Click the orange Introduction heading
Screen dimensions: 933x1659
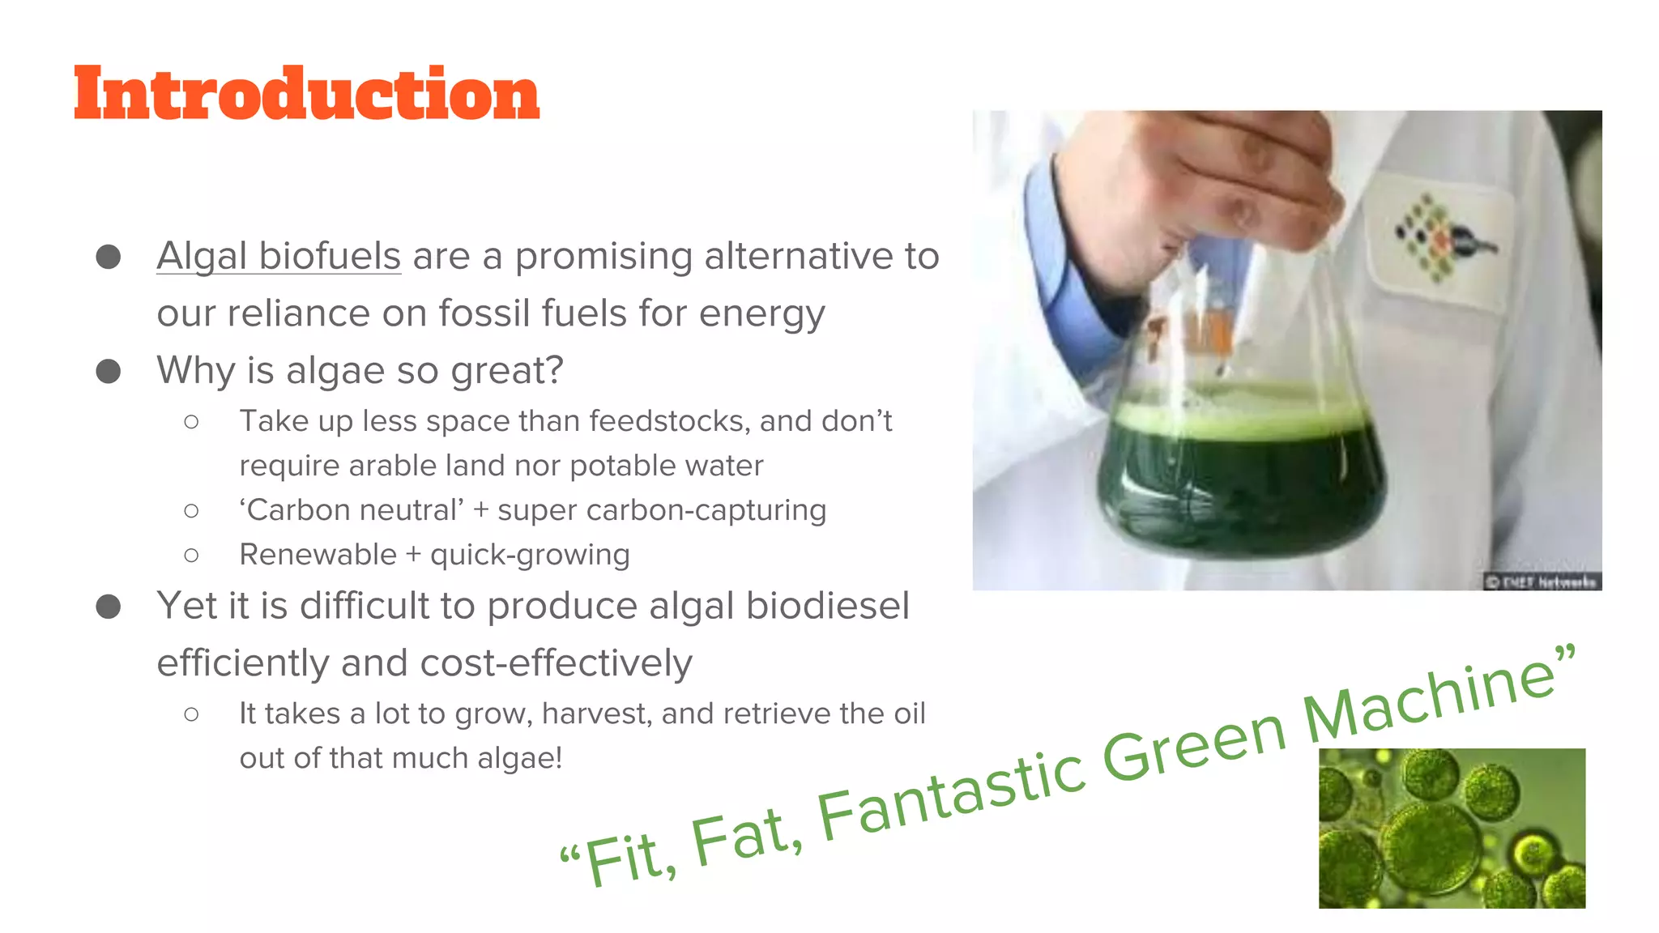tap(306, 94)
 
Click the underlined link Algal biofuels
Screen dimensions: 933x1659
tap(279, 256)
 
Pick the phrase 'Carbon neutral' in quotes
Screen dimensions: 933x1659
tap(352, 510)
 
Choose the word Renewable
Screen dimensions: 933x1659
tap(318, 555)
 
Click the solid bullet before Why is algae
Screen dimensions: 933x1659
tap(109, 371)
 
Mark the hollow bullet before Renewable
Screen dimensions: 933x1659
tap(191, 555)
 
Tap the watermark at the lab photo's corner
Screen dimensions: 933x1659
tap(1542, 582)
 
